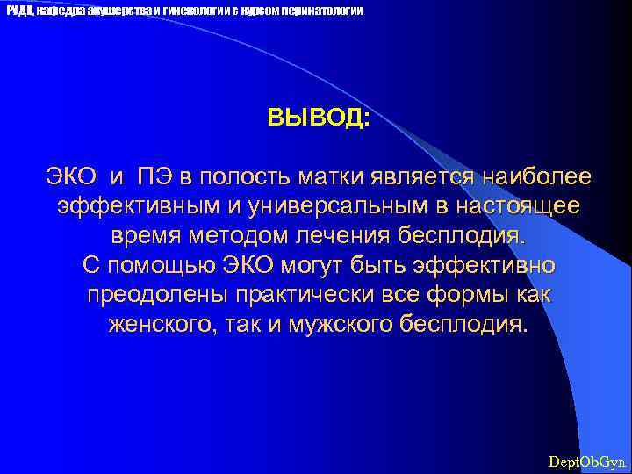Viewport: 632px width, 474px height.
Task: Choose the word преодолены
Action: pos(155,296)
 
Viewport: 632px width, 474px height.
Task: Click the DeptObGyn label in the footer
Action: pos(586,461)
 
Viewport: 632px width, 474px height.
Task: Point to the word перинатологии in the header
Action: pos(320,11)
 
